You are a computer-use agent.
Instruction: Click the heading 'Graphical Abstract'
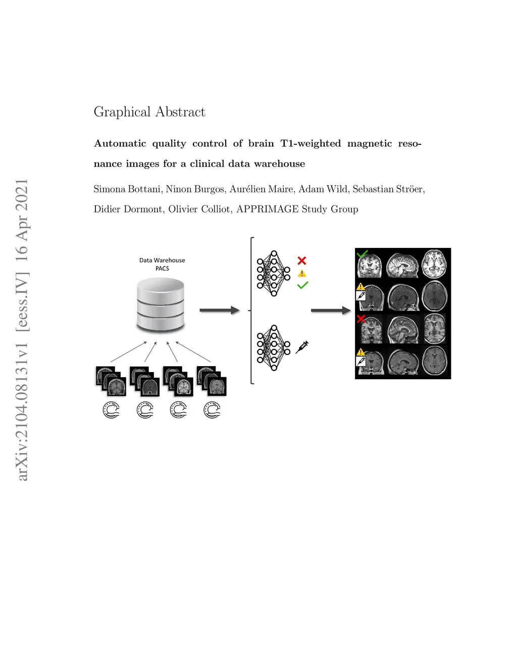tap(149, 113)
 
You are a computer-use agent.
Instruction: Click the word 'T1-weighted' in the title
tap(311, 144)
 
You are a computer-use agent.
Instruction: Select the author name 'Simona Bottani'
tap(128, 189)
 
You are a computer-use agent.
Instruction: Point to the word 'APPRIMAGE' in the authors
tap(268, 209)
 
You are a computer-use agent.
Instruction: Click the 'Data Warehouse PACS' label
tap(162, 264)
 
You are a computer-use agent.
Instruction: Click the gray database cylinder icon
tap(161, 304)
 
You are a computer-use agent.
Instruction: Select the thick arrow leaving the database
tap(220, 310)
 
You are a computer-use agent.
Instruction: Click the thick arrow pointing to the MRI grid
tap(331, 311)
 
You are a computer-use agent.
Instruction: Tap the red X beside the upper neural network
tap(302, 261)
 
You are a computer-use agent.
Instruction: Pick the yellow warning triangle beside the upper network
tap(302, 273)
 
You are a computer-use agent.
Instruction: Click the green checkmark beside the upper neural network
tap(302, 285)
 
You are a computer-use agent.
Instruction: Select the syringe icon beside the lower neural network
tap(302, 347)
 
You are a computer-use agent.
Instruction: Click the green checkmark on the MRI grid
tap(362, 253)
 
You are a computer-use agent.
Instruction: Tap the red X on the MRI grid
tap(361, 319)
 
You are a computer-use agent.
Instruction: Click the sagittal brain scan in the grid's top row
tap(402, 265)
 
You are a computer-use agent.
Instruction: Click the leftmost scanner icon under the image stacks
tap(111, 410)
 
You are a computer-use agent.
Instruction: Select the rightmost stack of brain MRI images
tap(212, 381)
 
